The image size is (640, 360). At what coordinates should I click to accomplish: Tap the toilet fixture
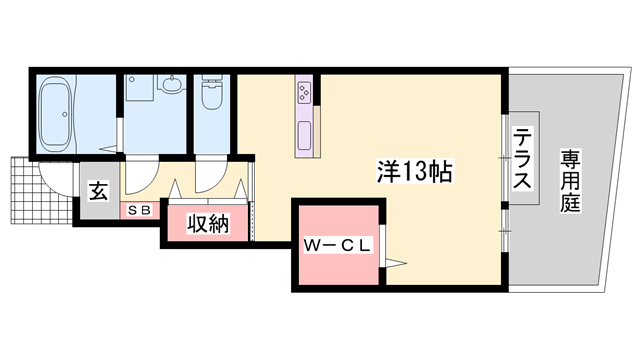(x=211, y=97)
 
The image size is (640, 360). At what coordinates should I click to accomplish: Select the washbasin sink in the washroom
(x=169, y=87)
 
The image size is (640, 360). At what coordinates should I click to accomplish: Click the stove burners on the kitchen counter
(x=303, y=96)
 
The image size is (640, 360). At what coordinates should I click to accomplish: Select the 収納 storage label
(x=207, y=223)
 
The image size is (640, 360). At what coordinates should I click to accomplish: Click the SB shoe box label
(x=138, y=211)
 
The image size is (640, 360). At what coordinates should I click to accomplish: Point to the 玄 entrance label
(x=99, y=190)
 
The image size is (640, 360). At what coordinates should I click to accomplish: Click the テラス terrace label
(x=523, y=160)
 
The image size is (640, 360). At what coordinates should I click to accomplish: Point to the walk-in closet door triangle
(x=395, y=262)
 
